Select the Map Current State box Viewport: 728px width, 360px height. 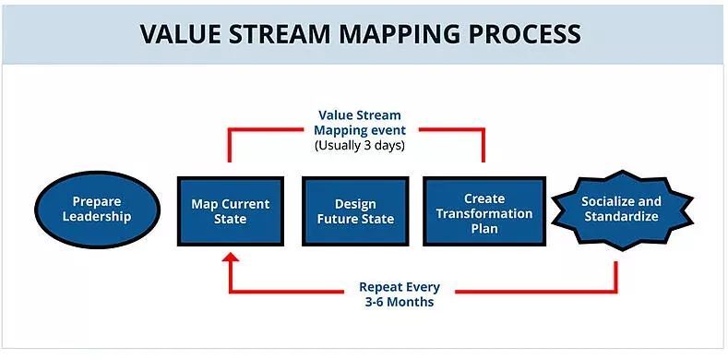point(231,210)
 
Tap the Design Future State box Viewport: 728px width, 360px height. point(355,210)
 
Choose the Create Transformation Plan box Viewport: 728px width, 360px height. point(484,210)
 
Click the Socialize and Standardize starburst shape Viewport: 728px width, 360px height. point(620,210)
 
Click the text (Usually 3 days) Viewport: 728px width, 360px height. point(359,145)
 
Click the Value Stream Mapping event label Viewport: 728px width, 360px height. point(359,123)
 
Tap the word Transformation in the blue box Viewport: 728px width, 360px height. point(484,213)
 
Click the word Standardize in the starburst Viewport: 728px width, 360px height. point(620,217)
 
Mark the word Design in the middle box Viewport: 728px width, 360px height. point(355,203)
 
